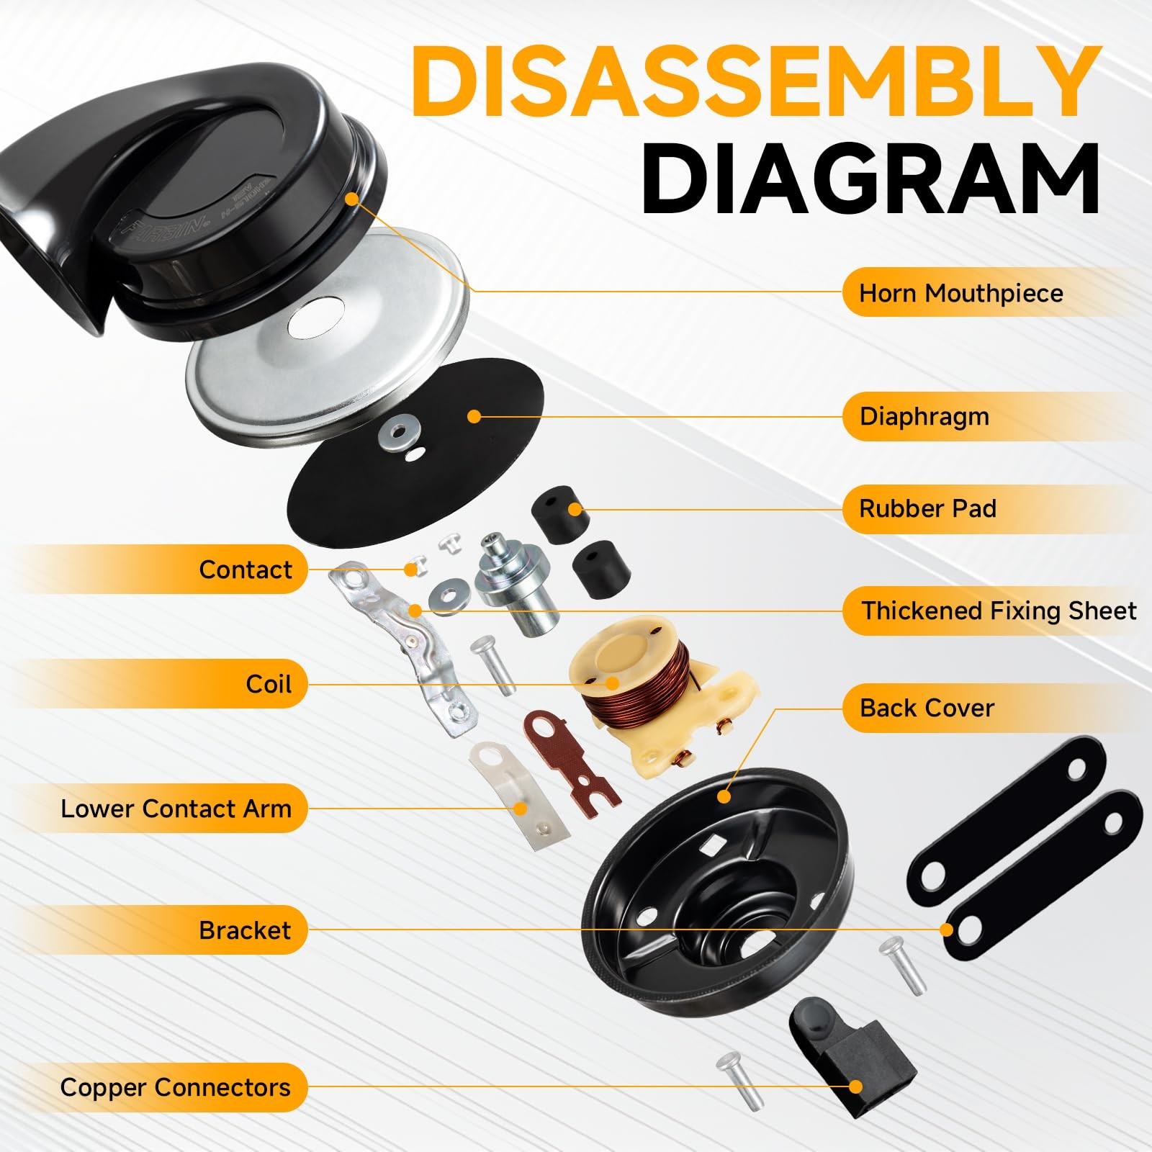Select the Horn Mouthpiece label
click(960, 293)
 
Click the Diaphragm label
click(924, 417)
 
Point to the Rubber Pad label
click(927, 509)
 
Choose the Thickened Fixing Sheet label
click(999, 611)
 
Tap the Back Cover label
click(926, 708)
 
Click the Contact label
click(246, 570)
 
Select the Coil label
click(269, 683)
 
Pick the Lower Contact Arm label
click(176, 809)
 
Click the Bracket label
click(245, 930)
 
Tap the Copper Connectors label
click(175, 1087)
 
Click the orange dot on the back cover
click(724, 796)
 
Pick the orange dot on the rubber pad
click(574, 510)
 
